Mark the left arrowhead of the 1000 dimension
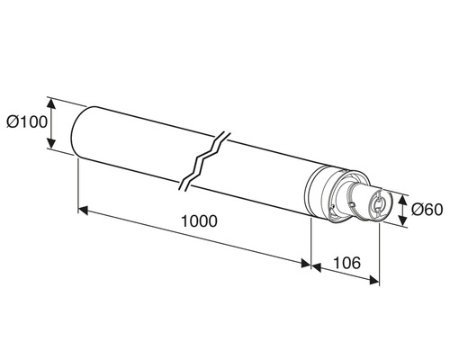click(83, 211)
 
